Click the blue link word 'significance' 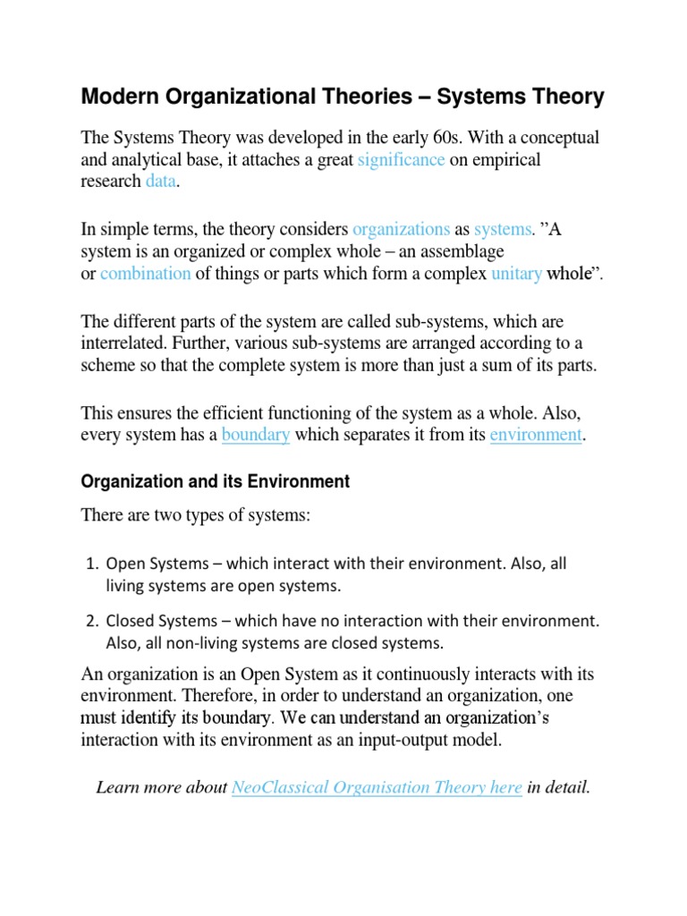401,160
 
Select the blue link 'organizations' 402,230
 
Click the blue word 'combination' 145,274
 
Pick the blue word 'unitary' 516,274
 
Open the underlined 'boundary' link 256,436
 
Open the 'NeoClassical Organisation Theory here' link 377,787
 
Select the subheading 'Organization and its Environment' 215,481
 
